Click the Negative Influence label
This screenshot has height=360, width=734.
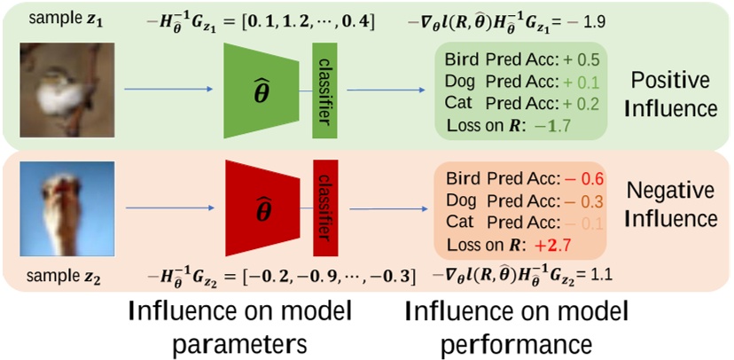[x=670, y=202]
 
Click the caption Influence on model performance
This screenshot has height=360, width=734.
[x=516, y=325]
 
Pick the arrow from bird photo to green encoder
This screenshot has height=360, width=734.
[x=168, y=89]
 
